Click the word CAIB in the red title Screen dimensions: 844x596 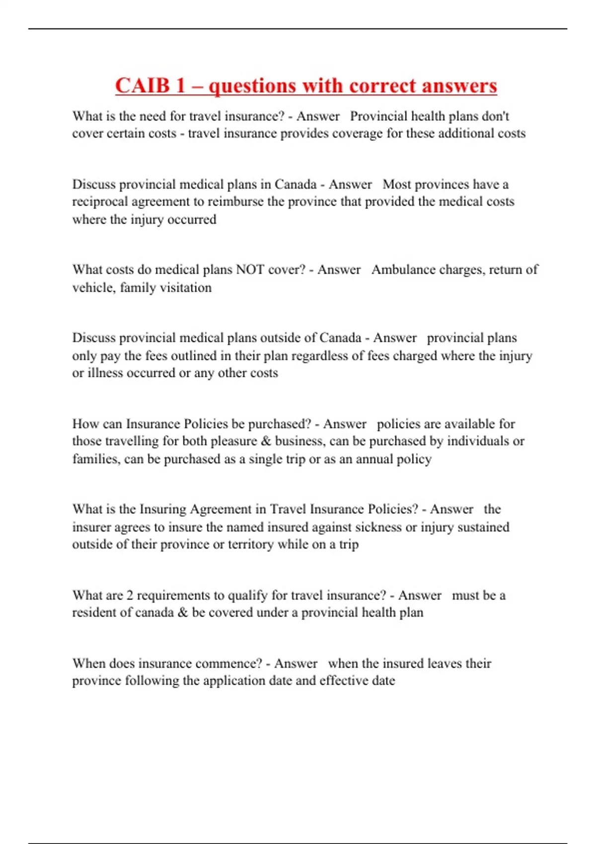tap(143, 86)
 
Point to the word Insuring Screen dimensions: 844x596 tap(163, 509)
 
